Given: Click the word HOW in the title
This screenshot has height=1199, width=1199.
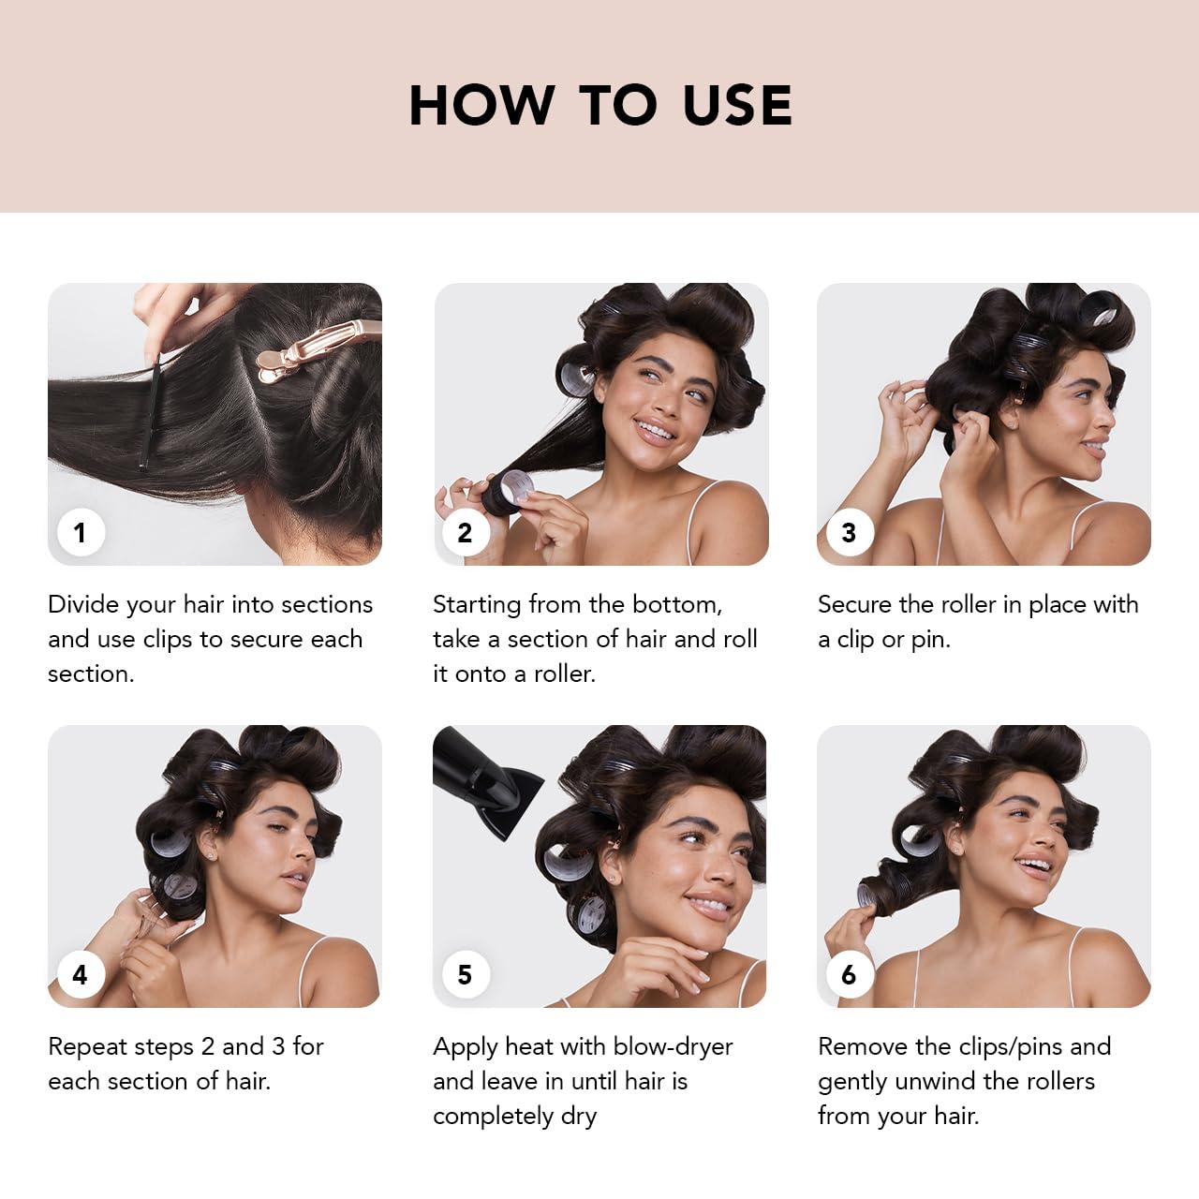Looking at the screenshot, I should pyautogui.click(x=481, y=105).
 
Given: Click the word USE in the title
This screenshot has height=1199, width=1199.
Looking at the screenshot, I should pyautogui.click(x=737, y=105).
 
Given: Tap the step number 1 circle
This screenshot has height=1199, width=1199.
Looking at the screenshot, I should pyautogui.click(x=80, y=532).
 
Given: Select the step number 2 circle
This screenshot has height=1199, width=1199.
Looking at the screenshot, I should pyautogui.click(x=465, y=532).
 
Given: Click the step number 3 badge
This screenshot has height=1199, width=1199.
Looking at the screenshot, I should pyautogui.click(x=849, y=532).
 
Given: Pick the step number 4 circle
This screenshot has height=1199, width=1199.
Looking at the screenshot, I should pyautogui.click(x=80, y=974).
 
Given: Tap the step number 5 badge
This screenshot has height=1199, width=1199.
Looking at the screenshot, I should pyautogui.click(x=465, y=974).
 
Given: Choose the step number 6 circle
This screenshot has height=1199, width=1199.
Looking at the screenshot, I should pyautogui.click(x=849, y=974).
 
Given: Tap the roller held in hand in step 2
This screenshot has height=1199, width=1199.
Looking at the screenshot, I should pyautogui.click(x=506, y=492).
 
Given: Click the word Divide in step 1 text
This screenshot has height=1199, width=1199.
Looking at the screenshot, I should pyautogui.click(x=84, y=604).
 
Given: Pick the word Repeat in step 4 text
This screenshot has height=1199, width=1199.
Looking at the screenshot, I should pyautogui.click(x=85, y=1046).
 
